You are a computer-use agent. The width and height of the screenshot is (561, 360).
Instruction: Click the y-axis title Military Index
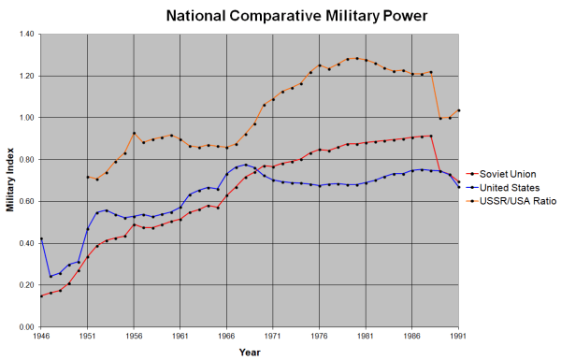(10, 180)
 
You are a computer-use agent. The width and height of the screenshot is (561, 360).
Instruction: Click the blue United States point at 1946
(41, 238)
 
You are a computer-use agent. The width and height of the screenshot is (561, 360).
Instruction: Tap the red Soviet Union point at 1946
(41, 295)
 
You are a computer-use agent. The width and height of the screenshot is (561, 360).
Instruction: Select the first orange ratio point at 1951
(88, 177)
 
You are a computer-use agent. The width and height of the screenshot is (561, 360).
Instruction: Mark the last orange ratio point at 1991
(459, 110)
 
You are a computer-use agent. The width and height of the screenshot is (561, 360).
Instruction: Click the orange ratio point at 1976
(320, 65)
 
